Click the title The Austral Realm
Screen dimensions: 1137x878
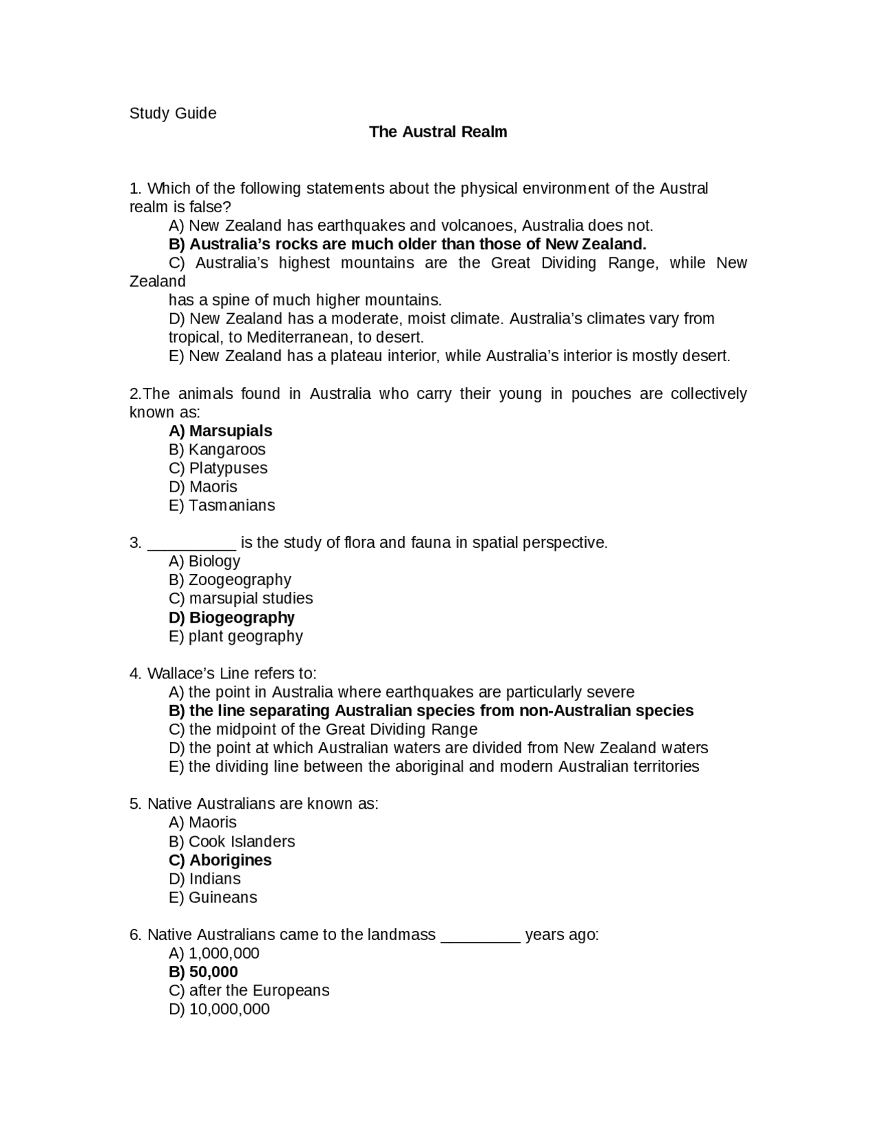click(x=438, y=132)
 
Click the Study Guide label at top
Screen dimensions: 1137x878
click(x=173, y=113)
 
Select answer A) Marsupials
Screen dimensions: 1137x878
click(x=220, y=431)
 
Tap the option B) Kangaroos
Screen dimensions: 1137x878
click(x=217, y=450)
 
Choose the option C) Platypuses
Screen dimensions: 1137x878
click(x=218, y=468)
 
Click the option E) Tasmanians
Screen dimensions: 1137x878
click(x=222, y=505)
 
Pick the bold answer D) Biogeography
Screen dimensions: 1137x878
click(x=232, y=618)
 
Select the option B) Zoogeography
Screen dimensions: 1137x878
click(x=230, y=580)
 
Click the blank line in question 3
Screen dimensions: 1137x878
click(x=192, y=544)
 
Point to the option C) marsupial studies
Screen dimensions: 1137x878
click(x=241, y=599)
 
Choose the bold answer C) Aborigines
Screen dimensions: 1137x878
click(x=220, y=860)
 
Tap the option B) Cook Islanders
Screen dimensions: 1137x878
click(x=232, y=842)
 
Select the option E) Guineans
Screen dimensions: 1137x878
click(x=213, y=897)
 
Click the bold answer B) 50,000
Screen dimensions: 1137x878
click(x=203, y=972)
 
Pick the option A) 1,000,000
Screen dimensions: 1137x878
click(x=214, y=954)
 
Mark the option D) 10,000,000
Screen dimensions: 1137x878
click(x=219, y=1009)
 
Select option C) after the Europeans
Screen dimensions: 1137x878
click(x=249, y=991)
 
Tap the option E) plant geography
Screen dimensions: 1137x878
click(x=236, y=636)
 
